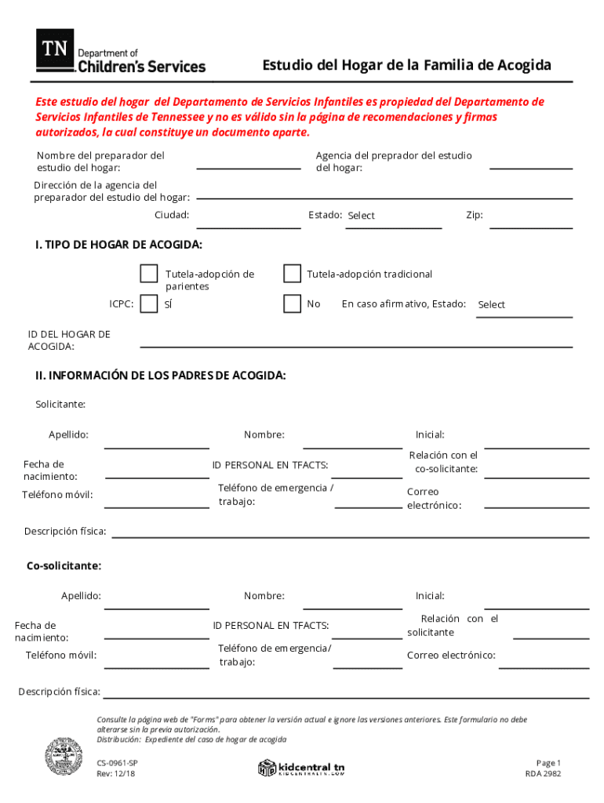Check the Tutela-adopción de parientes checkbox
148,274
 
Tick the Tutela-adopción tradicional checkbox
292,274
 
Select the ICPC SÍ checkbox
148,303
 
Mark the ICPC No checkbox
292,303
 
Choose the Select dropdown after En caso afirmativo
524,305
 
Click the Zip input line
531,222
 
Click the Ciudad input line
248,222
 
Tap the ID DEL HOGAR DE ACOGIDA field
356,340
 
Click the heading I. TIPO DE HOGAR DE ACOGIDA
118,245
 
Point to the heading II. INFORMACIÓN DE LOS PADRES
160,376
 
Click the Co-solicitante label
64,565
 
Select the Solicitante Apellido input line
157,441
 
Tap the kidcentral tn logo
302,768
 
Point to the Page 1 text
548,763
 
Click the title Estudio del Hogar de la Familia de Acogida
406,65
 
